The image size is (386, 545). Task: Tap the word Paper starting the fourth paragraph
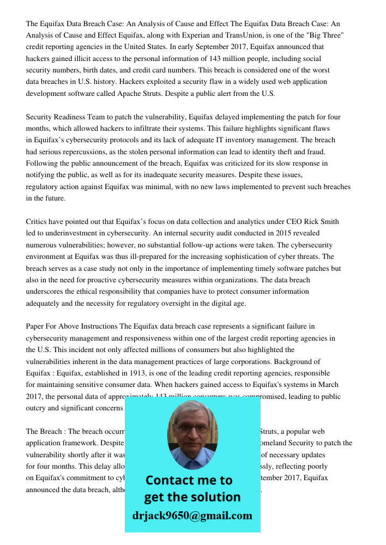[36, 327]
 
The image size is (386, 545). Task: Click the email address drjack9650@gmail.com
[192, 515]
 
